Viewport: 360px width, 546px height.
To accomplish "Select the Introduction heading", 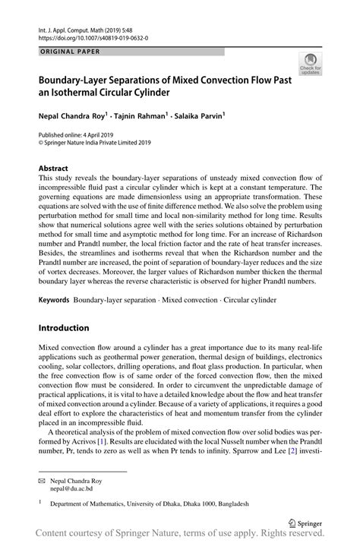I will (x=64, y=327).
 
